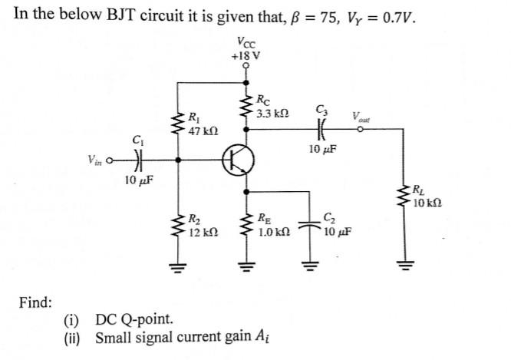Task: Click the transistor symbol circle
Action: click(x=238, y=161)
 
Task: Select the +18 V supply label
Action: click(x=246, y=55)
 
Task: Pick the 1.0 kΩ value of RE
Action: click(x=274, y=230)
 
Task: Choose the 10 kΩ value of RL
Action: click(x=426, y=203)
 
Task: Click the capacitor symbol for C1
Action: click(x=138, y=161)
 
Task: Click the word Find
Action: click(x=35, y=301)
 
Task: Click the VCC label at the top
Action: click(x=246, y=42)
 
